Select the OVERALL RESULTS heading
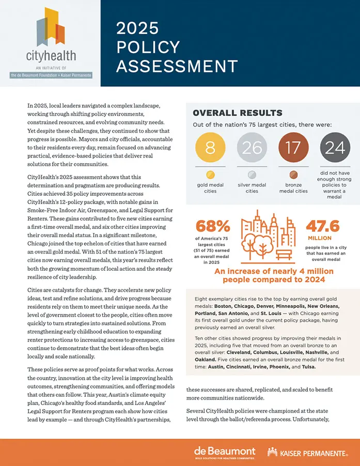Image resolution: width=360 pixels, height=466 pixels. pyautogui.click(x=237, y=113)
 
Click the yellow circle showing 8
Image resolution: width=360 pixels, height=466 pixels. pyautogui.click(x=210, y=148)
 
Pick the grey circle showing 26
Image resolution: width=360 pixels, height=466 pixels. pyautogui.click(x=252, y=148)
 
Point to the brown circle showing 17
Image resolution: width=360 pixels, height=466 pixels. pyautogui.click(x=293, y=148)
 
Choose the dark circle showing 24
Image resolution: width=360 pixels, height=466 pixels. pyautogui.click(x=335, y=148)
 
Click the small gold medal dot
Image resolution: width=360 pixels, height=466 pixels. pyautogui.click(x=210, y=174)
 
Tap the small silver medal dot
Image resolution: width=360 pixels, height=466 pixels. pyautogui.click(x=252, y=174)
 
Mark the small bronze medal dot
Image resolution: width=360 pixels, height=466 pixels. pyautogui.click(x=293, y=174)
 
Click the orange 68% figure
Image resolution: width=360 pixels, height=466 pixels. pyautogui.click(x=212, y=227)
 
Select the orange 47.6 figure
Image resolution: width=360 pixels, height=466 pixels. pyautogui.click(x=323, y=226)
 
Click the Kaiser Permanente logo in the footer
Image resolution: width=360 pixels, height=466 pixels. pyautogui.click(x=307, y=453)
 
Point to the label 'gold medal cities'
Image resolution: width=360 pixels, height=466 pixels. pyautogui.click(x=210, y=188)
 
